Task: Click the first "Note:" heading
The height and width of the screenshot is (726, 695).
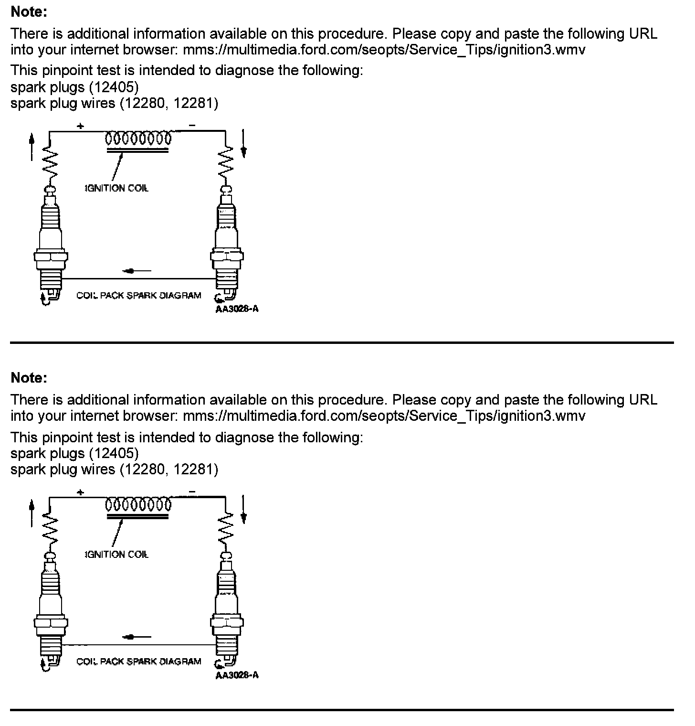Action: (x=29, y=12)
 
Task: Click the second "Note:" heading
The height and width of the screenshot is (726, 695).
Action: (x=29, y=378)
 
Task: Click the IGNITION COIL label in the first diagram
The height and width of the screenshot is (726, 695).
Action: (x=116, y=188)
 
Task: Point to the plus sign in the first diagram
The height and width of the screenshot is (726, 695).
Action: (x=81, y=126)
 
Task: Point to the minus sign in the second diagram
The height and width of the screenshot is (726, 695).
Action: (x=192, y=491)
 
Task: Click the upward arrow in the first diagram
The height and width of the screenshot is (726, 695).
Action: (x=32, y=146)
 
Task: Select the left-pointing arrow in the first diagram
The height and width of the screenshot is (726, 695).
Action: (x=137, y=271)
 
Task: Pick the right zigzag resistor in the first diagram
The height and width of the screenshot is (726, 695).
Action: (x=226, y=162)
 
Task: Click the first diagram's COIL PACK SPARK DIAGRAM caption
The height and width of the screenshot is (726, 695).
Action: (x=138, y=296)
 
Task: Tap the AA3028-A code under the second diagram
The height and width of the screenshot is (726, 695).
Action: (x=237, y=675)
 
